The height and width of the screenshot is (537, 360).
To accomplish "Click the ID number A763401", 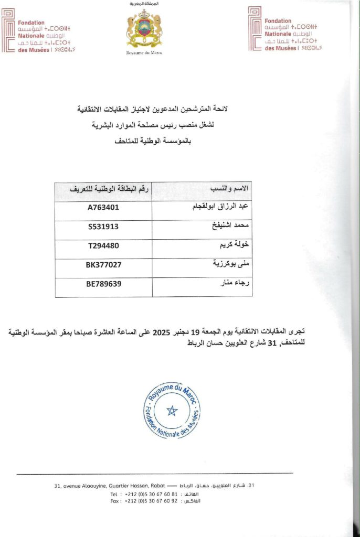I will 103,207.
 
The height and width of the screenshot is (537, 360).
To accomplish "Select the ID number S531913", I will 103,227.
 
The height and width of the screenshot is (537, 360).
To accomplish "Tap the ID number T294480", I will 103,245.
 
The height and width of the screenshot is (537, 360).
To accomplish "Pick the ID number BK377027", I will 103,265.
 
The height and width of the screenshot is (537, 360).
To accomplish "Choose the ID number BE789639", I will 103,284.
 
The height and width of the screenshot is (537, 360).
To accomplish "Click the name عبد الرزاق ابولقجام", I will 220,207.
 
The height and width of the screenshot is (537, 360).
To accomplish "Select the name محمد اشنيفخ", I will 229,227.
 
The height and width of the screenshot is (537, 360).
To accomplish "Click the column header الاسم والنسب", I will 229,188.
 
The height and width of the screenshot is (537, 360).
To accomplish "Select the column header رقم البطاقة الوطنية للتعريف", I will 103,188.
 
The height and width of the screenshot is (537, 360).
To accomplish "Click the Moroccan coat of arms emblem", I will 144,29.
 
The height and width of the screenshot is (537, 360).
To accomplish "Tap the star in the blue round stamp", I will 172,410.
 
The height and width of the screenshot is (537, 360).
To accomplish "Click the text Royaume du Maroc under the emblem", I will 144,53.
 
